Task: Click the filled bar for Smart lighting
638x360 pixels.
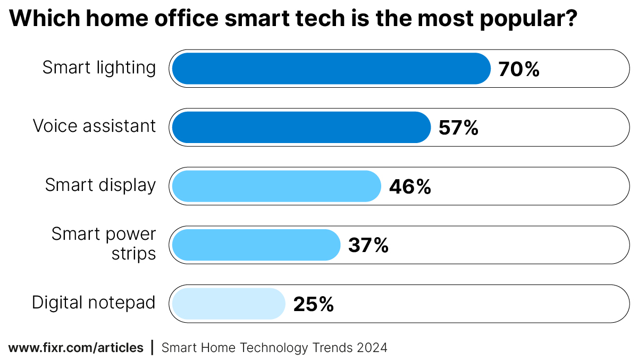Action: (x=331, y=69)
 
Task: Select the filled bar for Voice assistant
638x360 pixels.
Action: (x=301, y=128)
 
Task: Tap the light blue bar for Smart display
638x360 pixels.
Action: (x=276, y=186)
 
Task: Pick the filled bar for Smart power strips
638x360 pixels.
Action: (x=256, y=245)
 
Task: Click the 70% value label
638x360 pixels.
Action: (x=519, y=69)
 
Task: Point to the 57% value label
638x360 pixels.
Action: (x=458, y=128)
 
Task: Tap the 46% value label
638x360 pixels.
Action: (x=409, y=187)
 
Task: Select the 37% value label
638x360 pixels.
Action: (x=368, y=245)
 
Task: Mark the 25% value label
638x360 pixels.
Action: (x=313, y=304)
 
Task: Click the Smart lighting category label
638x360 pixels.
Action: (x=99, y=68)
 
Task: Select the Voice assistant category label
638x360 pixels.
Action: (x=94, y=126)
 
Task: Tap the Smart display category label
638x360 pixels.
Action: (x=100, y=185)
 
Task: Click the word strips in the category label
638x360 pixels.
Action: (x=133, y=254)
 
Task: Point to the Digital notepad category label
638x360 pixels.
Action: (x=94, y=303)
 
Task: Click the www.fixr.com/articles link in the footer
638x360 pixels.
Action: (x=76, y=348)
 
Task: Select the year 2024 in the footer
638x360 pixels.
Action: (x=372, y=348)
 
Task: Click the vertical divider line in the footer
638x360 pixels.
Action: (x=153, y=348)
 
